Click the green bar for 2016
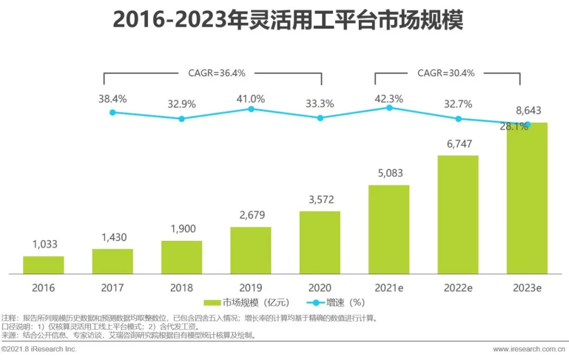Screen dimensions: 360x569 click(x=43, y=265)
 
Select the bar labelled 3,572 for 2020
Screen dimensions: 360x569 click(x=320, y=242)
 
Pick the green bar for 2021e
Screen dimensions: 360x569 click(x=389, y=229)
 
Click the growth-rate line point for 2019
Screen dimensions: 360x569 click(x=251, y=109)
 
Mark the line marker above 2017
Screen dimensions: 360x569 click(x=112, y=112)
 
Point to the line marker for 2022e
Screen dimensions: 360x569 click(x=458, y=119)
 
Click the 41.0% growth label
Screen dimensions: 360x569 click(x=251, y=99)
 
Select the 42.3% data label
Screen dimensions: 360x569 click(x=389, y=99)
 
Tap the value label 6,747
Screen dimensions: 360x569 click(x=458, y=144)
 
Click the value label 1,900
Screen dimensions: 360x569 click(x=181, y=230)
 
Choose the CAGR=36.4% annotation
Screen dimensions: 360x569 click(x=217, y=73)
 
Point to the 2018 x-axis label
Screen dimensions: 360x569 click(x=181, y=288)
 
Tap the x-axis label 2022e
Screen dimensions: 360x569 click(x=458, y=288)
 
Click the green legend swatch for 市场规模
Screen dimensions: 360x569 click(x=212, y=303)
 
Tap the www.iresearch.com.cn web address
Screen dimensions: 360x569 click(x=529, y=349)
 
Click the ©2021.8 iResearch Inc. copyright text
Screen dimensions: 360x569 click(x=40, y=349)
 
